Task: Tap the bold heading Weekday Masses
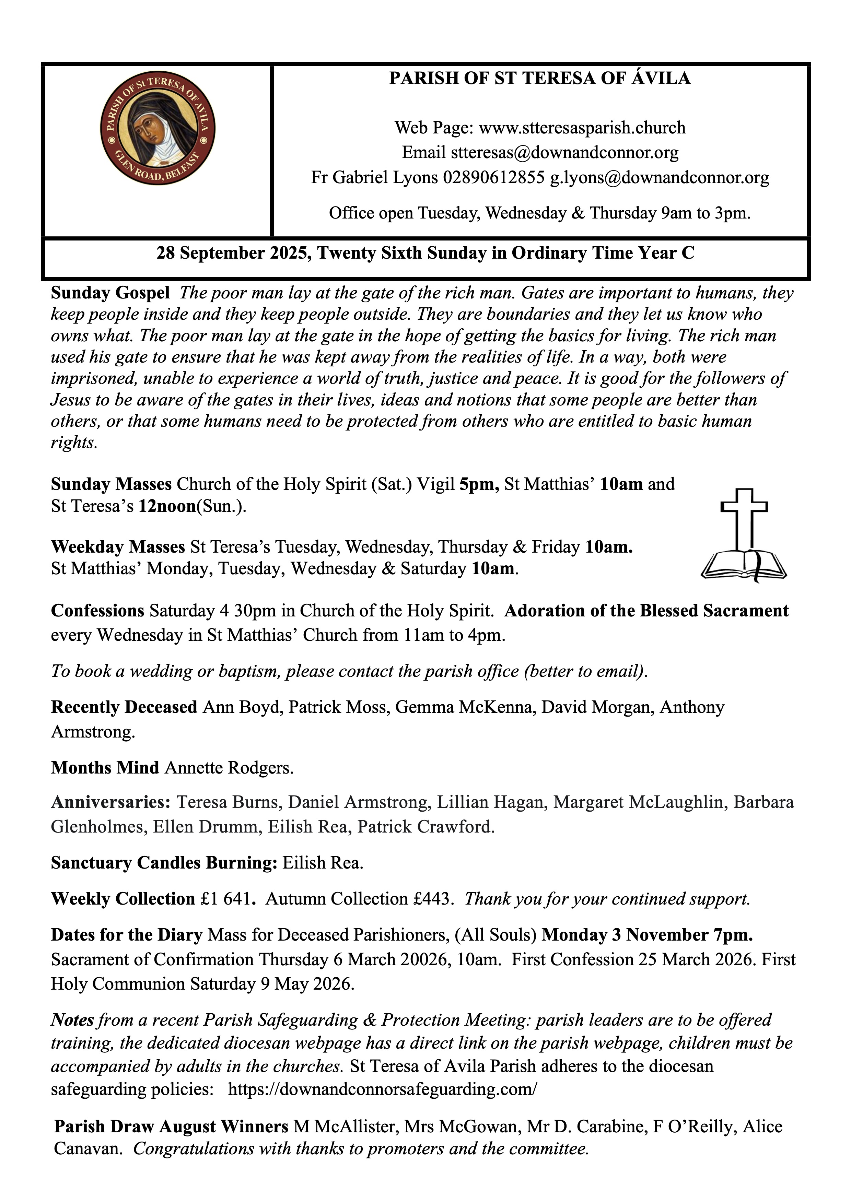coord(118,547)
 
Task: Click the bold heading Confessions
coord(97,611)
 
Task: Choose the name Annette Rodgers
coord(229,768)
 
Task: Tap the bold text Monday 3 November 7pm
coord(647,935)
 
